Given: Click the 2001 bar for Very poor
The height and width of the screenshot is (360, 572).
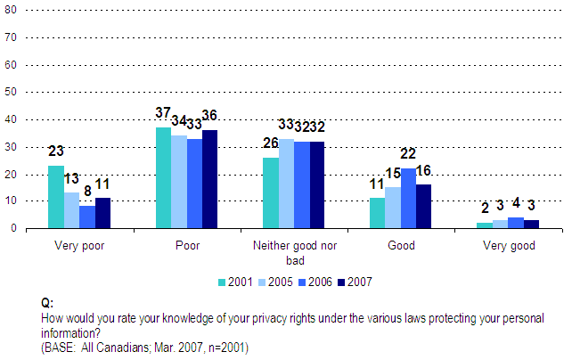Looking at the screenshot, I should (56, 197).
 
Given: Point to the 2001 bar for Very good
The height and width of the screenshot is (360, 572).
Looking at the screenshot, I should (483, 225).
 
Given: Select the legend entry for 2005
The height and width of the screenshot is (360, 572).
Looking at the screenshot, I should (275, 282).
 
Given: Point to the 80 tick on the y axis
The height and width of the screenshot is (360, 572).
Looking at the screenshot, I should (11, 11).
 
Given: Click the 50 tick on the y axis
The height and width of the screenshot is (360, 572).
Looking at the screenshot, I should (11, 93).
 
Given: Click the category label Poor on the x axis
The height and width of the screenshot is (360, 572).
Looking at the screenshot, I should (184, 246).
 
